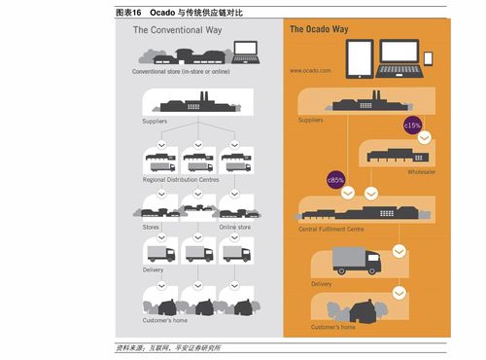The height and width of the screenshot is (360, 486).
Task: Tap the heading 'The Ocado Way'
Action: pos(319,30)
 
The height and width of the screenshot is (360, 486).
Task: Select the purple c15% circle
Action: pos(411,126)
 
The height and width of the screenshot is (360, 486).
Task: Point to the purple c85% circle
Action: pos(335,179)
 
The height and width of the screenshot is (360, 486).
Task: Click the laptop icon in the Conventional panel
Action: pos(244,50)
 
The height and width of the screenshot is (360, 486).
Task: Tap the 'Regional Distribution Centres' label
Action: pos(181,180)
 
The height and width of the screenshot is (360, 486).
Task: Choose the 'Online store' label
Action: pos(234,228)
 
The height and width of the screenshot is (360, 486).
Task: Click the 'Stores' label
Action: pos(151,228)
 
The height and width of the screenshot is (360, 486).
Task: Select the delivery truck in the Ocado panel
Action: pos(356,259)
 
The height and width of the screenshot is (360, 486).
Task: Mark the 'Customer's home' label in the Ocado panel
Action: pos(333,328)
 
